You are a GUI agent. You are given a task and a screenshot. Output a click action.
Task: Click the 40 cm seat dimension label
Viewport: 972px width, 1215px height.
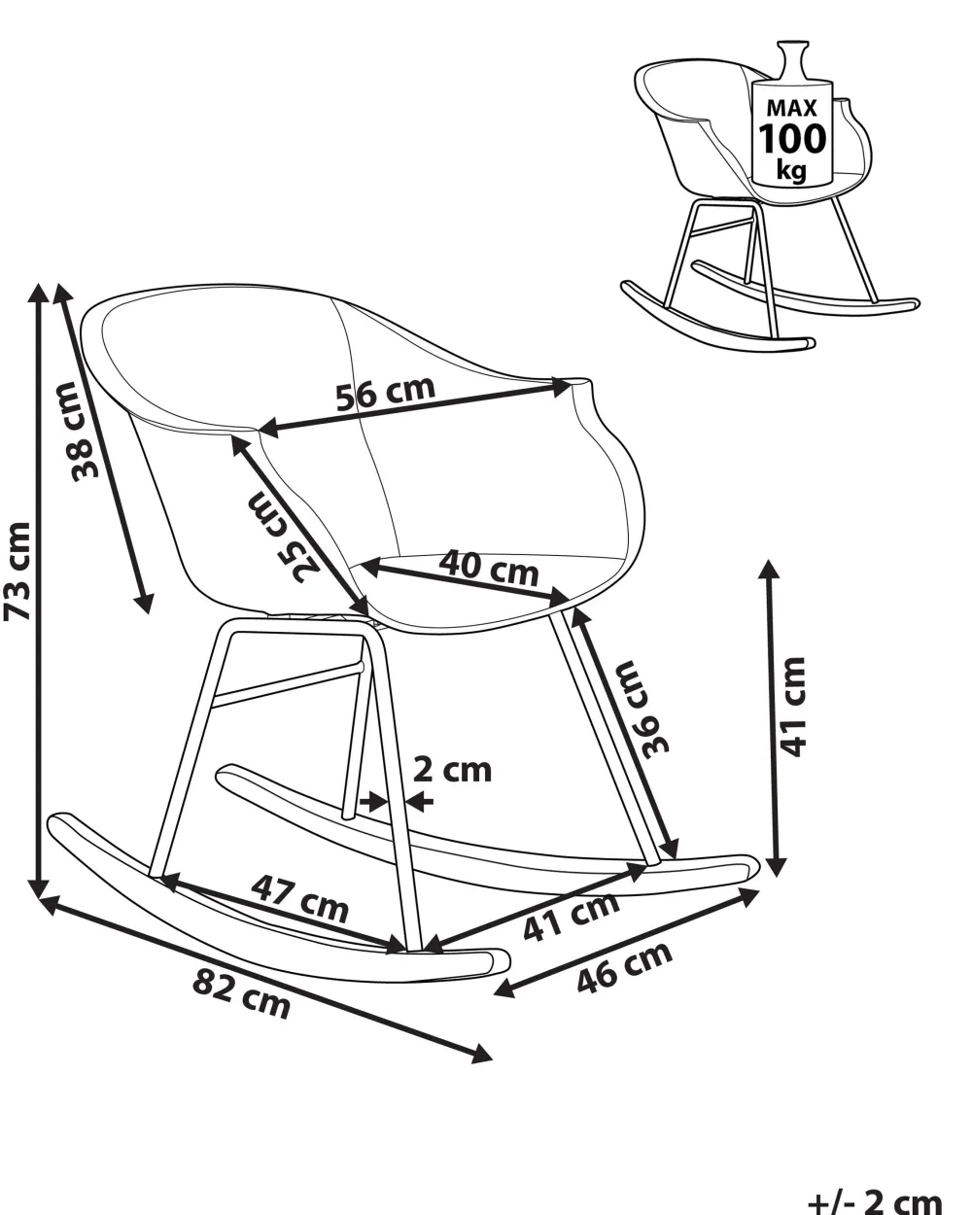coord(489,568)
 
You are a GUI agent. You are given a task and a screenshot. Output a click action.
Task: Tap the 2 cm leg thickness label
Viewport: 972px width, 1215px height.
coord(452,771)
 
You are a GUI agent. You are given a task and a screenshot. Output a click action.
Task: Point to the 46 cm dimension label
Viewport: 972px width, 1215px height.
coord(624,967)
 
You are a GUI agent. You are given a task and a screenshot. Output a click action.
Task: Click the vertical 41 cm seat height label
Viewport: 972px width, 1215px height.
coord(792,707)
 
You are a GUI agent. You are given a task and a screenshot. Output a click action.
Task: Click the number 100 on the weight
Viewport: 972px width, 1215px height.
coord(792,139)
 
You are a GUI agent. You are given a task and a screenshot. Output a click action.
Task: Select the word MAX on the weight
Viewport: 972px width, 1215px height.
coord(791,107)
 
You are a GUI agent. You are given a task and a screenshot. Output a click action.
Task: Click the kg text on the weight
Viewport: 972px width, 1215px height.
coord(791,169)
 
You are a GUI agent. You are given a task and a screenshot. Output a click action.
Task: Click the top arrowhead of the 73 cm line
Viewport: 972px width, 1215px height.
coord(39,293)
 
